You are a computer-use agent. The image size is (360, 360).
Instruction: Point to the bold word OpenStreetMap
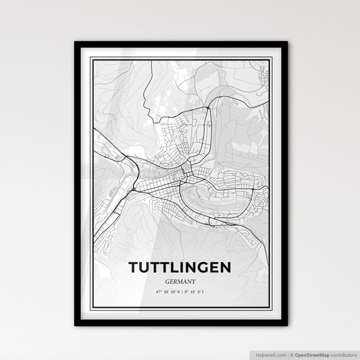(311, 354)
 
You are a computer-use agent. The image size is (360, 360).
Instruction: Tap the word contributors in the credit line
(343, 354)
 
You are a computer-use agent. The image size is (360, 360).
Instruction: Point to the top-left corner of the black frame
(75, 43)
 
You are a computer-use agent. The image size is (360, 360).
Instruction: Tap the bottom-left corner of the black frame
(75, 326)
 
